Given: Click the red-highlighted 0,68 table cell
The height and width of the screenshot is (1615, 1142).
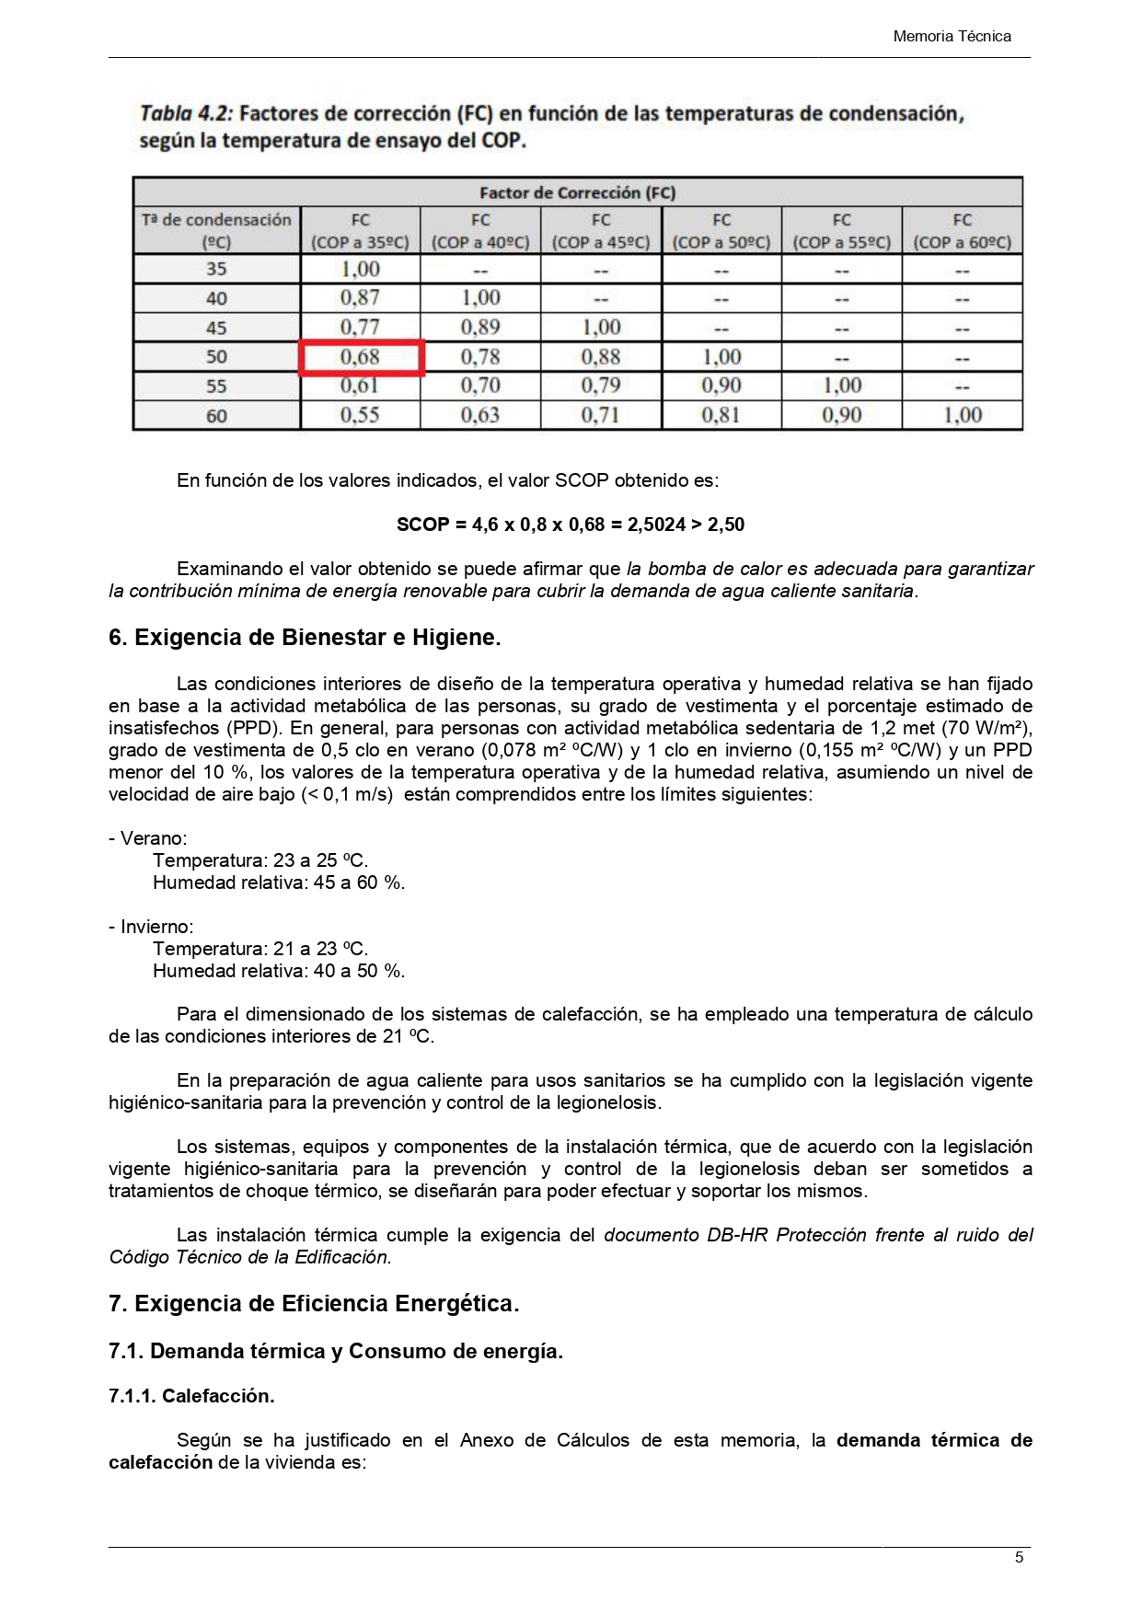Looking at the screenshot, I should pyautogui.click(x=360, y=357).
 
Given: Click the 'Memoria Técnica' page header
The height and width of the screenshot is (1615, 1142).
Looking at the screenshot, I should pyautogui.click(x=952, y=37).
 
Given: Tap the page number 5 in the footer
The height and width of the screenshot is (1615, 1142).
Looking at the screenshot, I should pyautogui.click(x=1019, y=1557).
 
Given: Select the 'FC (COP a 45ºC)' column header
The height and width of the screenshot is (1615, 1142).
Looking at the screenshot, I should pyautogui.click(x=601, y=231).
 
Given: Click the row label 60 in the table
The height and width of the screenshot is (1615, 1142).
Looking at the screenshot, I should pyautogui.click(x=216, y=416).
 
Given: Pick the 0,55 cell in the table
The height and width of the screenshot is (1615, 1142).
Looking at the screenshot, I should pyautogui.click(x=360, y=415).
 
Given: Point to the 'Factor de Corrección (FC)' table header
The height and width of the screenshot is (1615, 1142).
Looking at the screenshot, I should pyautogui.click(x=577, y=192).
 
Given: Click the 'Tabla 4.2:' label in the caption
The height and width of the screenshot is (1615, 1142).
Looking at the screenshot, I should pyautogui.click(x=187, y=114).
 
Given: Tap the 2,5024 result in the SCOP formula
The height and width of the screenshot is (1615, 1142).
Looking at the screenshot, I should pyautogui.click(x=656, y=525).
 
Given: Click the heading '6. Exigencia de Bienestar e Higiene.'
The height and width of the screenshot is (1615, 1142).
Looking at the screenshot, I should pyautogui.click(x=305, y=638).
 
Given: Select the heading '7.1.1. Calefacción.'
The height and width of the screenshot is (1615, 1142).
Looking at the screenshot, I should pyautogui.click(x=191, y=1396).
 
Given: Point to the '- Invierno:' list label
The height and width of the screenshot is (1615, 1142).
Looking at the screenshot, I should pyautogui.click(x=151, y=927).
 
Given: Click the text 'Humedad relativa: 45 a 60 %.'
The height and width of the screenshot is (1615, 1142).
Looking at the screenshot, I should pyautogui.click(x=279, y=882).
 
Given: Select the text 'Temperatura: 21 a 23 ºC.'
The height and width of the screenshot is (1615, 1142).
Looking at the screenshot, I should pyautogui.click(x=260, y=949).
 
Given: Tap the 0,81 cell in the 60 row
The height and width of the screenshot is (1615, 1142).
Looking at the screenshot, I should pyautogui.click(x=721, y=415).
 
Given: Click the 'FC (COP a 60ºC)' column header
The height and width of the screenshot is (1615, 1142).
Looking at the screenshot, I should pyautogui.click(x=962, y=231).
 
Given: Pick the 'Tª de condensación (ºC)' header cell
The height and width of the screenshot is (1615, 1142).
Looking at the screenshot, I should pyautogui.click(x=216, y=231).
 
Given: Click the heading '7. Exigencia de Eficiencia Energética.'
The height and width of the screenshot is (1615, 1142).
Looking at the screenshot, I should pyautogui.click(x=314, y=1304).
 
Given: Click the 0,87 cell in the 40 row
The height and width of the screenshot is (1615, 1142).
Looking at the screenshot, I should pyautogui.click(x=360, y=298).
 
